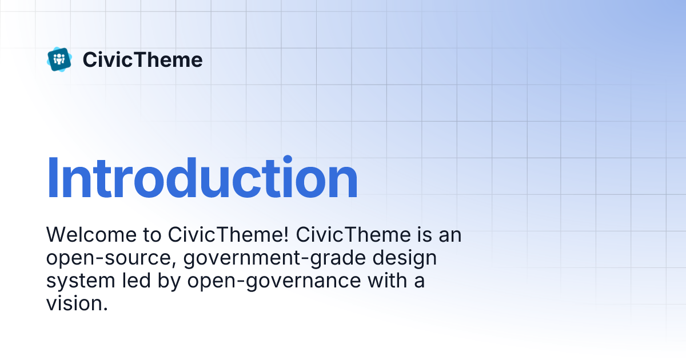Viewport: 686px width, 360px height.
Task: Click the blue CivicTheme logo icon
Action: tap(59, 59)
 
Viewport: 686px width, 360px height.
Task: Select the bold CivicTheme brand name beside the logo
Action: tap(142, 60)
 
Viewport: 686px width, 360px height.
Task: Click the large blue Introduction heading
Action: tap(202, 178)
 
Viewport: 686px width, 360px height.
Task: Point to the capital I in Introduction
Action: tap(52, 178)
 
